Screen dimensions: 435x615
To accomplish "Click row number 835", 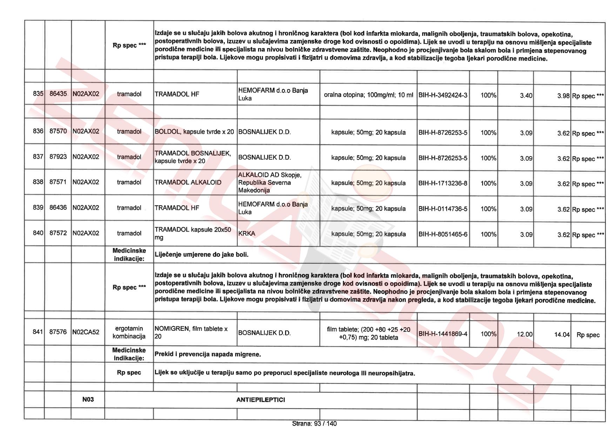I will pos(38,94).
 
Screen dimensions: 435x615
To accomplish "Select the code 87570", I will pos(58,131).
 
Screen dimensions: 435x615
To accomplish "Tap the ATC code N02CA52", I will pos(86,332).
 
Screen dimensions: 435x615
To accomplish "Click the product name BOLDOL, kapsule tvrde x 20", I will pos(194,132).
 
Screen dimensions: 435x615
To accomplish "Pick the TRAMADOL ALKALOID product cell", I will pos(188,182).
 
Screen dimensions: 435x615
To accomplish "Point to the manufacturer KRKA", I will pos(247,233).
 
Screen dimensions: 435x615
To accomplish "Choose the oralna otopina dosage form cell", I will pos(368,95).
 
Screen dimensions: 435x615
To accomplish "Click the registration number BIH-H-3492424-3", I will pos(443,95).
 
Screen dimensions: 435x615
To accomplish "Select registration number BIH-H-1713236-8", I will pos(443,183).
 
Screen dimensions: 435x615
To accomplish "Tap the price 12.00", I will pos(525,334).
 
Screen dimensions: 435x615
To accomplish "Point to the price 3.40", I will pos(526,95).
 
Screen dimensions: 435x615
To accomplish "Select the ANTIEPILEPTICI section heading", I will pos(261,400).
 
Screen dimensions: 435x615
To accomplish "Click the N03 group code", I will pos(88,399).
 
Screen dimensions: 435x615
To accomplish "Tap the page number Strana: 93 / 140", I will pos(314,424).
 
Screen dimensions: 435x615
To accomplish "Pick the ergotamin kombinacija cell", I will pos(129,332).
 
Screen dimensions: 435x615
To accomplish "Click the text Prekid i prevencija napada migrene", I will pos(208,354).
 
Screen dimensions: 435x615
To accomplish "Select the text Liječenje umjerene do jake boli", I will pos(201,255).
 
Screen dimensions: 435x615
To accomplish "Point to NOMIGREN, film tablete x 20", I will pos(191,333).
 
